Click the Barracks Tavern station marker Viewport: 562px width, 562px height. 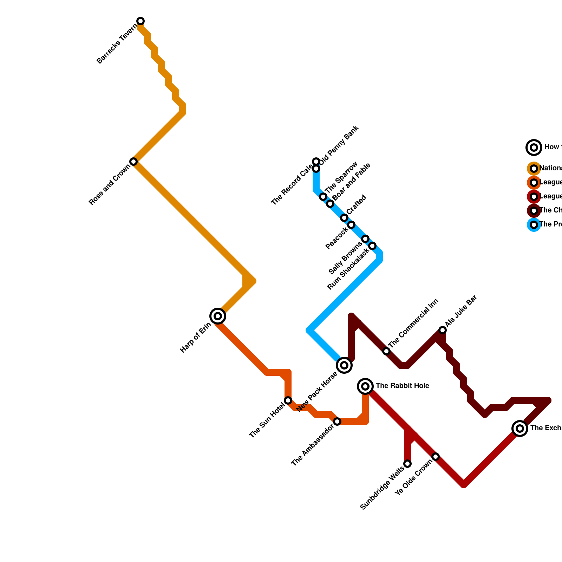(x=140, y=21)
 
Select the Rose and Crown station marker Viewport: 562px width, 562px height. (x=133, y=162)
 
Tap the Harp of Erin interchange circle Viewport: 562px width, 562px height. (x=218, y=316)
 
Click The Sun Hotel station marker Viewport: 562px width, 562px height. (x=288, y=400)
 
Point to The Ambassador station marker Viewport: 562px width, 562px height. (x=337, y=421)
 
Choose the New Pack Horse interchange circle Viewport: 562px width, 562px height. (x=344, y=365)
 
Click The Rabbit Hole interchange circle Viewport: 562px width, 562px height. (x=365, y=386)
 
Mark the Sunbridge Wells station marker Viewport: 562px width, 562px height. (x=407, y=464)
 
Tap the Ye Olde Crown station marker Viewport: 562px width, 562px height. (x=436, y=457)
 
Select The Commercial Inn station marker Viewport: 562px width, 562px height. (x=386, y=351)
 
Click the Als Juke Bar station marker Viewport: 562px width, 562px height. (x=443, y=330)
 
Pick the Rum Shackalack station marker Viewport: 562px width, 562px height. (x=372, y=246)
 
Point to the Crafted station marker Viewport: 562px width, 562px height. (x=344, y=218)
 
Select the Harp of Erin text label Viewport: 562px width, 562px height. (x=196, y=338)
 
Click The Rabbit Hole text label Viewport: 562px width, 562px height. (x=403, y=386)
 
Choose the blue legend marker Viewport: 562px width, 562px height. (x=534, y=225)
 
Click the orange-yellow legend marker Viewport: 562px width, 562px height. (x=534, y=169)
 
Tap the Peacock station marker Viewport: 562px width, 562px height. (x=351, y=225)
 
